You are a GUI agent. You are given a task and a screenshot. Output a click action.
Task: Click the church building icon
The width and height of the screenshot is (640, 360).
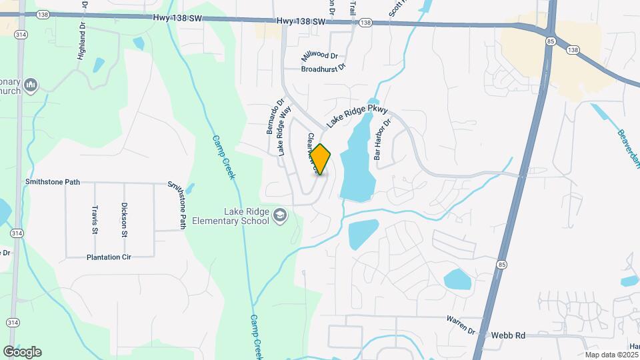click(31, 85)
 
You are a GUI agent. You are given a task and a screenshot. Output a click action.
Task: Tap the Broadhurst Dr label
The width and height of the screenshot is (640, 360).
click(324, 68)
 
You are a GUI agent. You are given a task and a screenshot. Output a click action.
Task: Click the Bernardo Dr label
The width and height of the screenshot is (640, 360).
click(271, 117)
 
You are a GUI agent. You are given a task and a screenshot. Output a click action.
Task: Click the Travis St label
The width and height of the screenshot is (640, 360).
click(95, 219)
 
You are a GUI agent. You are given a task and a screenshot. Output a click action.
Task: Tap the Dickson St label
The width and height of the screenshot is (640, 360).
click(124, 221)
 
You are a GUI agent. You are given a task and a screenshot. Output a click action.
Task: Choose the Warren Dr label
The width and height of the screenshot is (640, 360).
click(461, 330)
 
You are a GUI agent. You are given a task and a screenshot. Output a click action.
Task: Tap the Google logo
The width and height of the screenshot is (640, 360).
click(22, 352)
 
